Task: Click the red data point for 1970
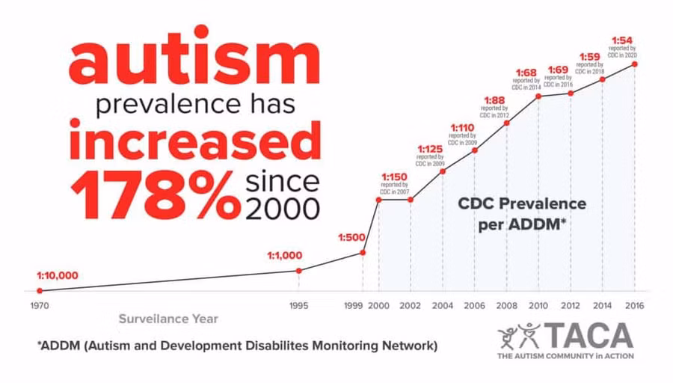click(x=40, y=291)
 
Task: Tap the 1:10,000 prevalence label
click(x=58, y=276)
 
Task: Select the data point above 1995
click(x=299, y=271)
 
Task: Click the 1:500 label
click(x=351, y=237)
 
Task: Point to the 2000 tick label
click(x=378, y=306)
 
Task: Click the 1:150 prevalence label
click(x=394, y=177)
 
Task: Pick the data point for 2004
click(x=443, y=172)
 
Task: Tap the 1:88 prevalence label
click(x=494, y=100)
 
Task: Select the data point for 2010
click(x=538, y=96)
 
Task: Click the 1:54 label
click(x=622, y=41)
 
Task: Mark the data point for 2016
click(x=635, y=64)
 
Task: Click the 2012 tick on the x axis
click(x=571, y=306)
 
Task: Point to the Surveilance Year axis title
click(x=168, y=319)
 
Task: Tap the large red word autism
click(x=194, y=55)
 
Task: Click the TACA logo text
click(x=589, y=336)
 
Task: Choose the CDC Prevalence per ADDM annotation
click(x=522, y=213)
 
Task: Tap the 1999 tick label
click(x=354, y=306)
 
